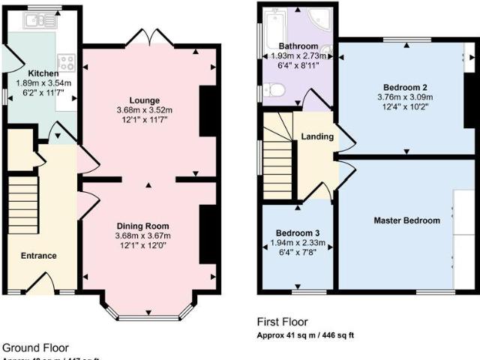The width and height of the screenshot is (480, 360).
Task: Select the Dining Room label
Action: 142,226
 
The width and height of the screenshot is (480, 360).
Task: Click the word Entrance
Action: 39,256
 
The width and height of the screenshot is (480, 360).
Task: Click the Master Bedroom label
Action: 407,220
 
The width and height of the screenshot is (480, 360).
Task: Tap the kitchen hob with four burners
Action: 66,62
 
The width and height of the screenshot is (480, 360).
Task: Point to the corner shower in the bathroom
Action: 322,18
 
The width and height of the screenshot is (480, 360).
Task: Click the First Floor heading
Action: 282,322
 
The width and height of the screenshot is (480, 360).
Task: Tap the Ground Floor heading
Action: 36,347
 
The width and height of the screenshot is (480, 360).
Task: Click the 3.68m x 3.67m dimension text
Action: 142,235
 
